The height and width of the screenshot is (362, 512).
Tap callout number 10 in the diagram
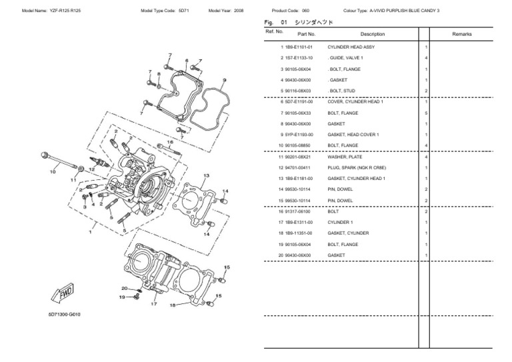click(53, 172)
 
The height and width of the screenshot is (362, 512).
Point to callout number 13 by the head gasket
click(206, 175)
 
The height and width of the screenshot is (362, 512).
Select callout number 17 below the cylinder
click(153, 304)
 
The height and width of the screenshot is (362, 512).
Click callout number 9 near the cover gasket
click(223, 80)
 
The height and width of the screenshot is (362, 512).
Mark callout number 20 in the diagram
click(124, 288)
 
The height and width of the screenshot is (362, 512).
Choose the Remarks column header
click(461, 33)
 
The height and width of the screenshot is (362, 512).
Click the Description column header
click(372, 33)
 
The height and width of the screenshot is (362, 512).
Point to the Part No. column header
click(306, 33)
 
